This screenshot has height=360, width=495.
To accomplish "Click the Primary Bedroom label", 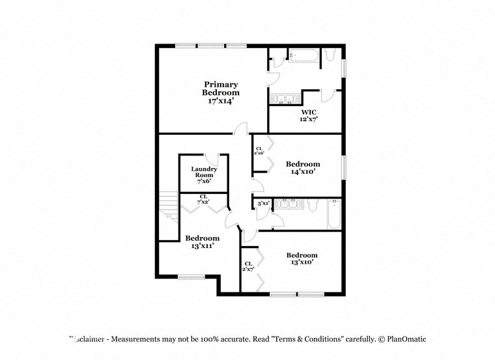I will click(x=221, y=92).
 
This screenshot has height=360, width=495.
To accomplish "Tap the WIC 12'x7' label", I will click(x=308, y=115).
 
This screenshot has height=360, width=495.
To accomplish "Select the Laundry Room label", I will click(x=203, y=174).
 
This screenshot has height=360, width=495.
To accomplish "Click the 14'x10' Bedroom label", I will click(x=303, y=168).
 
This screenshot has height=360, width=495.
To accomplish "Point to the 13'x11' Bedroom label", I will click(x=202, y=242).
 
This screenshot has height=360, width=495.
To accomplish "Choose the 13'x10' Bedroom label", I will click(x=302, y=258).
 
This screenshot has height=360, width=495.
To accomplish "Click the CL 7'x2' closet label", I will click(x=203, y=199).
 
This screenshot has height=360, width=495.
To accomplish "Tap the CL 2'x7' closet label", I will click(x=248, y=266).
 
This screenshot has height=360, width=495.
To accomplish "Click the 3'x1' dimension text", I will click(x=263, y=204).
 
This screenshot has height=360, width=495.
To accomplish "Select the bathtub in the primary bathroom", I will click(x=303, y=56).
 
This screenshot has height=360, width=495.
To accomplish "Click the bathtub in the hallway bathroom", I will click(x=334, y=214).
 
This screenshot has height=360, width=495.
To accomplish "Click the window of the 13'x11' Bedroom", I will click(x=191, y=276).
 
